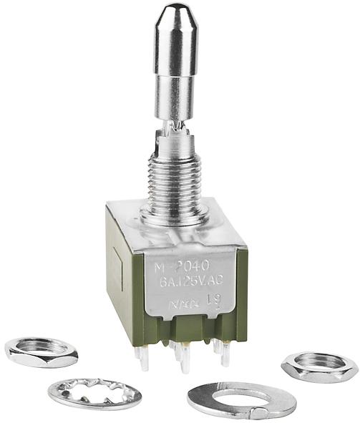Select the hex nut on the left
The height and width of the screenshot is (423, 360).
[41, 351]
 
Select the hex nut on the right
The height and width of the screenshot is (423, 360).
[319, 366]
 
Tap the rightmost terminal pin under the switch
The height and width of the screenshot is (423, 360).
[225, 354]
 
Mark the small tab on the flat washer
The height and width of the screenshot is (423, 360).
[263, 412]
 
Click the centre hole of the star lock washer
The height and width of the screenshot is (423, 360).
[94, 392]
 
